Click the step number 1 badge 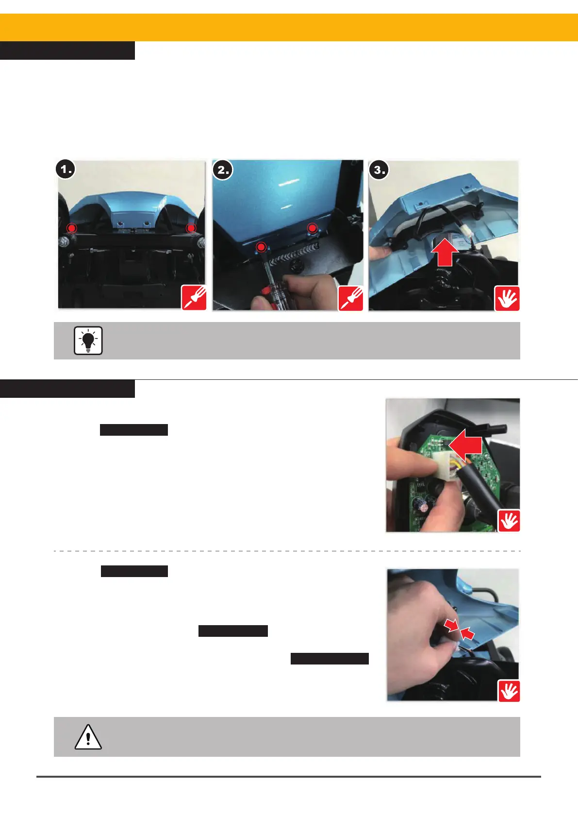66,170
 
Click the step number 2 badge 223,170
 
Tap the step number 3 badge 379,170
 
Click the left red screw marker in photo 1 72,228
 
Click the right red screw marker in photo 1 191,228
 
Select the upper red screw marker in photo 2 313,228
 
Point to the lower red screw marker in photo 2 261,247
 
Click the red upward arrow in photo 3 445,253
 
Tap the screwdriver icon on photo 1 194,297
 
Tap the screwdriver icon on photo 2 350,298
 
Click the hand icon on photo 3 507,298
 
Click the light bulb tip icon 88,341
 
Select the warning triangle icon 88,736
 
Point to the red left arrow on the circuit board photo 465,445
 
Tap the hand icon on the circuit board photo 509,520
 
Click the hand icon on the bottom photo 509,691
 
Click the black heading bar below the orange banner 67,51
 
